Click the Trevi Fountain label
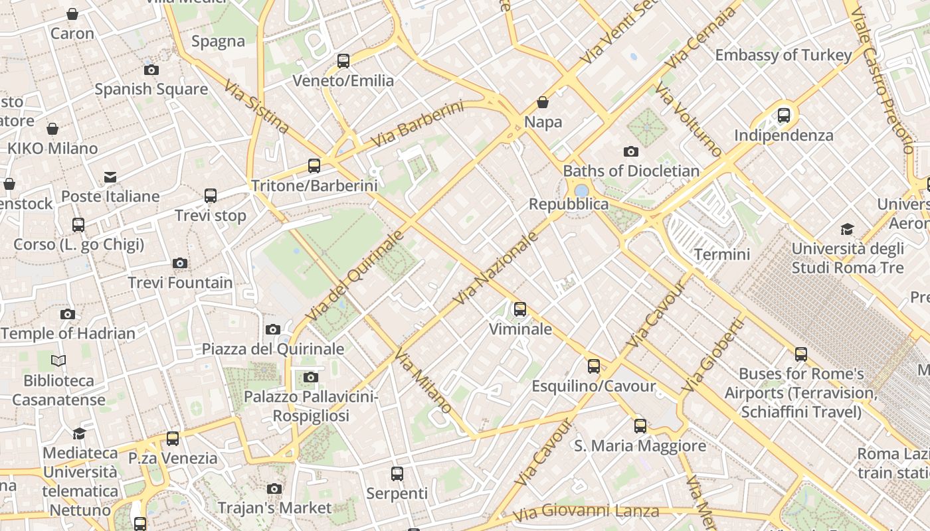[x=180, y=283]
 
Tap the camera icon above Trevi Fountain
[x=180, y=264]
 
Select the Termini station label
[x=722, y=254]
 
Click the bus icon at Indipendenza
[x=784, y=115]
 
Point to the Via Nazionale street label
[x=495, y=268]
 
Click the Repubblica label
[x=568, y=204]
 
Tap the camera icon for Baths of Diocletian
[x=631, y=152]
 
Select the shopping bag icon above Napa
[x=543, y=102]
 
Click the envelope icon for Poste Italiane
[x=110, y=177]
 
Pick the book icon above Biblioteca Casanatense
[x=58, y=361]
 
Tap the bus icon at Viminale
[x=520, y=309]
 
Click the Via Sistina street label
[x=256, y=106]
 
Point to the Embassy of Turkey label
[x=783, y=55]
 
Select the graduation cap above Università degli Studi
[x=847, y=230]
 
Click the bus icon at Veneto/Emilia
[x=343, y=61]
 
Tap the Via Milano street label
[x=423, y=382]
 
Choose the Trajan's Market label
[x=274, y=508]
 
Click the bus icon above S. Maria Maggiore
[x=640, y=426]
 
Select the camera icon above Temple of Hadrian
[x=68, y=315]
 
